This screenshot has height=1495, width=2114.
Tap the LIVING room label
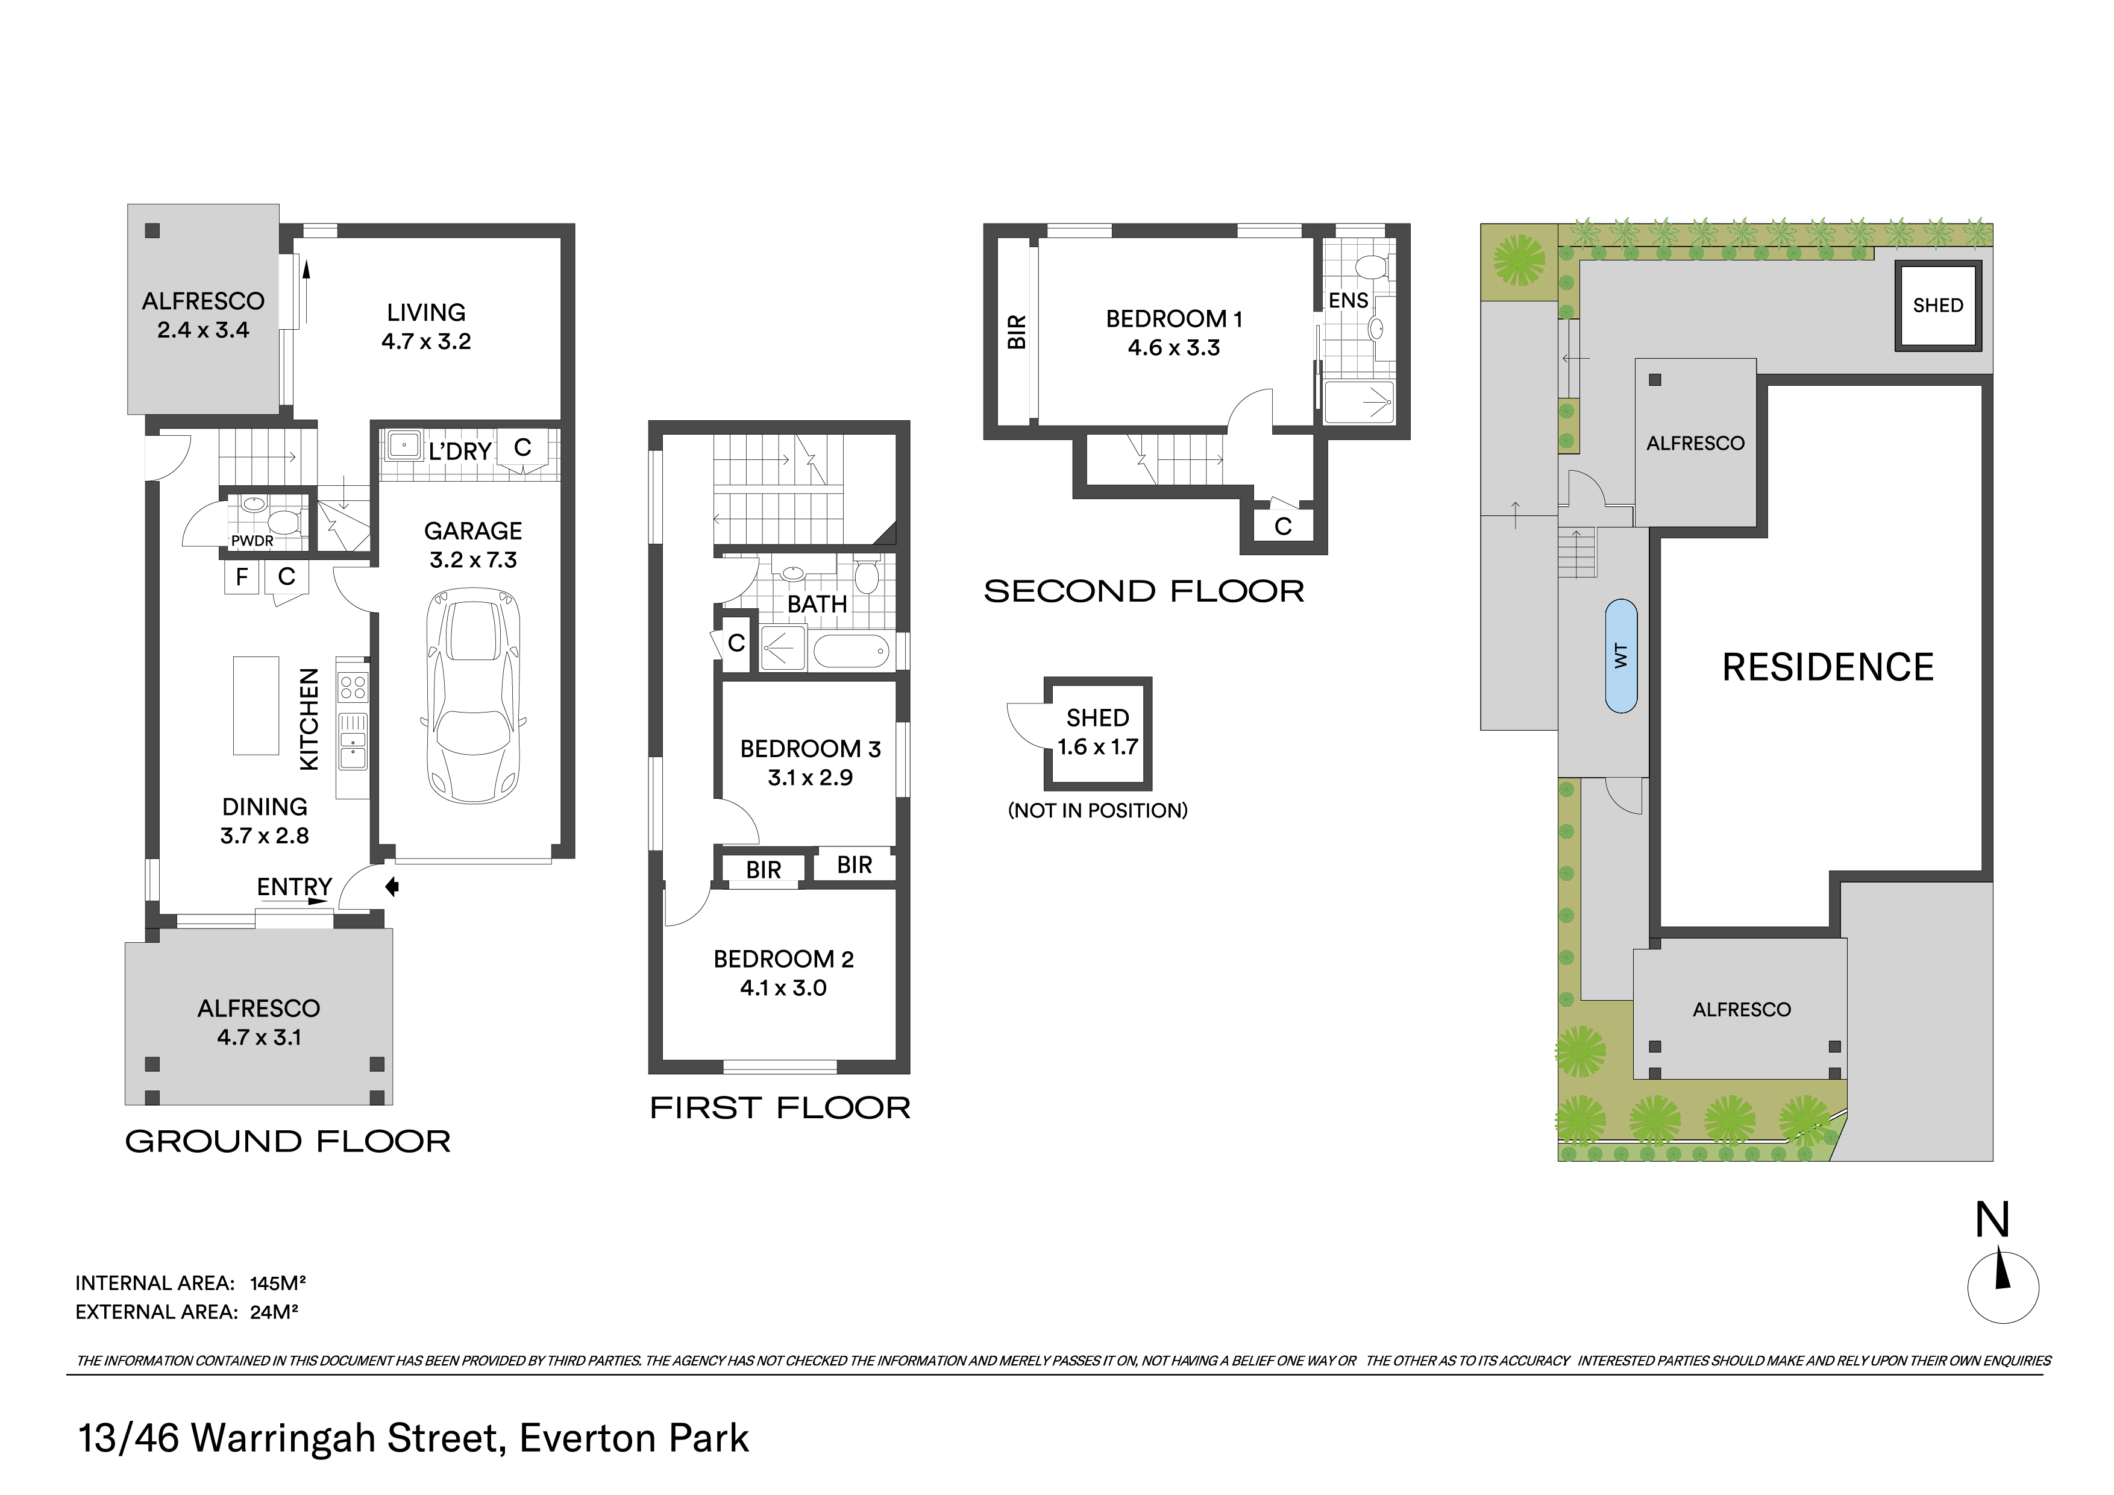click(425, 312)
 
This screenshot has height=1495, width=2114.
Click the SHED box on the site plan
click(1937, 306)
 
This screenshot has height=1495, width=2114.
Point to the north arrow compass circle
click(2003, 1288)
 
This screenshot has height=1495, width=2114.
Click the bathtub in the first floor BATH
click(852, 651)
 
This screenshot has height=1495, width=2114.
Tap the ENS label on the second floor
click(1348, 300)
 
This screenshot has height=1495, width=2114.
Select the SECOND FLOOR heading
click(1144, 591)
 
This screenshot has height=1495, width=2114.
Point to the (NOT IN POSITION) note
click(1097, 811)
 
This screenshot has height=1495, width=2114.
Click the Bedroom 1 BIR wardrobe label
click(1017, 332)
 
